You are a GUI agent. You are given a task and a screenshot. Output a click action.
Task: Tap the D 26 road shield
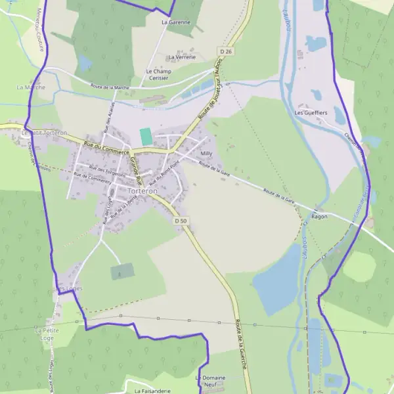227,51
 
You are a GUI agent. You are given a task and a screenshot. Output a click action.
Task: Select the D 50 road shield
182,221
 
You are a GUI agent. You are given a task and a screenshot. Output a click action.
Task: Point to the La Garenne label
176,22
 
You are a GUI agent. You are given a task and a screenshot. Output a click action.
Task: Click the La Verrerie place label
182,57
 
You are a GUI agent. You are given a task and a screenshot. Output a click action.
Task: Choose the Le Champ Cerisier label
157,74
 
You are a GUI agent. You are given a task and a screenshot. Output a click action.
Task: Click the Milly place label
206,153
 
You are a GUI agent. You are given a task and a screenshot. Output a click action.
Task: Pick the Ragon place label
320,216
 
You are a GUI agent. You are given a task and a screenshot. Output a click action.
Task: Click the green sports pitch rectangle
146,137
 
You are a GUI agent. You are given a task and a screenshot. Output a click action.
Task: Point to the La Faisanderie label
152,391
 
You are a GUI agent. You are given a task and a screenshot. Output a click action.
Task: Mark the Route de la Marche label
110,87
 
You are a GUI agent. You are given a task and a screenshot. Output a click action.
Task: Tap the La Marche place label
30,87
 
